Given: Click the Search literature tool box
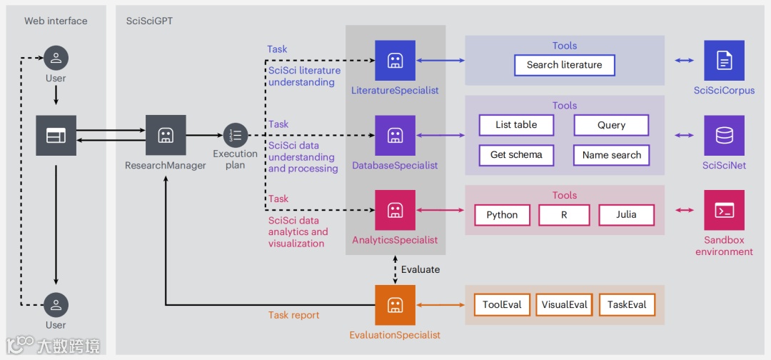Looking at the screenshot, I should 564,65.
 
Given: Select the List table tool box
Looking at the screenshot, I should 516,125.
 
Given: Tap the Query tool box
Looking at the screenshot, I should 611,125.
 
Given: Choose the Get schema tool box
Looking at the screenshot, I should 516,155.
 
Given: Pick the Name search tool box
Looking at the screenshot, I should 611,155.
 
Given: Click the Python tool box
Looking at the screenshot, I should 502,215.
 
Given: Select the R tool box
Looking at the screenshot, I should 564,215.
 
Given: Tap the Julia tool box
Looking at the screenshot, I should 625,215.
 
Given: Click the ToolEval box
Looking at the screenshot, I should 502,305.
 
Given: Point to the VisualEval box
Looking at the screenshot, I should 564,305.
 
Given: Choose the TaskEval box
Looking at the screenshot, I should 627,305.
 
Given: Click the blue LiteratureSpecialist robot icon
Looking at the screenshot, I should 395,61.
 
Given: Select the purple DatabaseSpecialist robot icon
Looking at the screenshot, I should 395,136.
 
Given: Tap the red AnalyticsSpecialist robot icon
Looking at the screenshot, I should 395,210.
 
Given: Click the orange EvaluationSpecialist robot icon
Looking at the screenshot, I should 395,305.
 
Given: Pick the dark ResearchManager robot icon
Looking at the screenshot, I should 166,135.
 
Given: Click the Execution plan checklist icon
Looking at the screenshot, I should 235,135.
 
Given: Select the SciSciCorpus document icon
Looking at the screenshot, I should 724,61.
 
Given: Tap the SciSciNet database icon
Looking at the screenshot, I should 724,136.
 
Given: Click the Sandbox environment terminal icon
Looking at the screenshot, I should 724,210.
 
